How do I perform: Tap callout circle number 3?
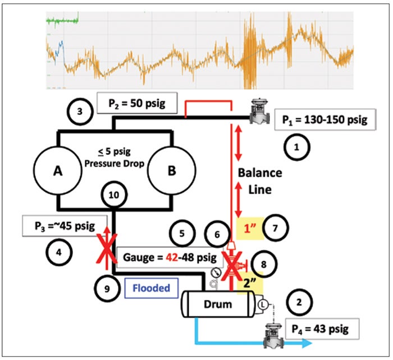(x=80, y=111)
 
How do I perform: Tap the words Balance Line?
(x=260, y=181)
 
